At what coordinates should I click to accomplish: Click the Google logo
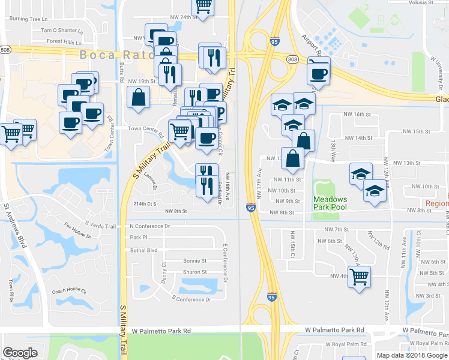pos(20,352)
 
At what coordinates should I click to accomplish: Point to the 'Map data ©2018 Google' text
pos(411,355)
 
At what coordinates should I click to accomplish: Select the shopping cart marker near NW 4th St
pos(359,277)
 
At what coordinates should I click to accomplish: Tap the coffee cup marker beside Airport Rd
pos(318,74)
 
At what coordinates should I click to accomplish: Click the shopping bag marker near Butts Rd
pos(138,97)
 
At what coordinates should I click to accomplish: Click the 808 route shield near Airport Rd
pos(292,59)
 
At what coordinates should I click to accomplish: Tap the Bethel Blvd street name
pos(143,250)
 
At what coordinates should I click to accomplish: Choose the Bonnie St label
pos(195,261)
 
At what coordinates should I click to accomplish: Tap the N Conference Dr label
pos(150,226)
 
